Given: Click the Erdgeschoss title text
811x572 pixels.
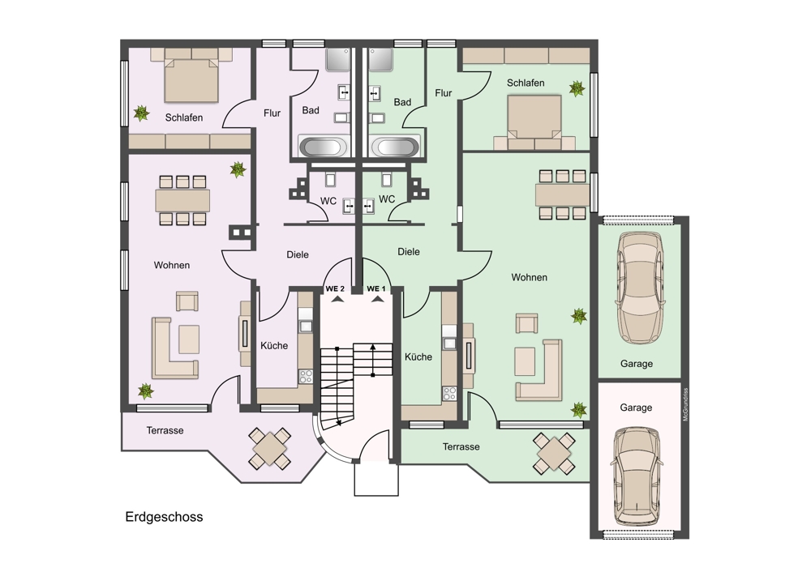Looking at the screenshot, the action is [164, 517].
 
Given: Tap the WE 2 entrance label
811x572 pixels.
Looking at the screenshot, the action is [335, 289].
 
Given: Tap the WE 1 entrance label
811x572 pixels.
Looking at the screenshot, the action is [376, 289].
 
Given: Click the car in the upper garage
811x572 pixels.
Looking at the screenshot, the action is [640, 288].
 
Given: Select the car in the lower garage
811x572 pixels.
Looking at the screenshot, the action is [636, 476].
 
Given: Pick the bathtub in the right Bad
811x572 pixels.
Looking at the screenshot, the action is [395, 146].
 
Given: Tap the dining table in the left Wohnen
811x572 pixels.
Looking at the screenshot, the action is [182, 200].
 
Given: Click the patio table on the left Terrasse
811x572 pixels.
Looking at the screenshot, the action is [269, 448].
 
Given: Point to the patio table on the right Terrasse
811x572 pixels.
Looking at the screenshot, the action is [554, 453].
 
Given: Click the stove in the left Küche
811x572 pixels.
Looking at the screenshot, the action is [306, 376].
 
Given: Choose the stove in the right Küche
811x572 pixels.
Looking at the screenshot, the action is [449, 394].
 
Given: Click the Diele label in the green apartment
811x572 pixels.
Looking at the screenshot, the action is [409, 252].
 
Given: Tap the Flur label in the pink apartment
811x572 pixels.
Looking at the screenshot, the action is [272, 113].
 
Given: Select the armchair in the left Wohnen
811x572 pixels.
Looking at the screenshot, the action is [187, 301].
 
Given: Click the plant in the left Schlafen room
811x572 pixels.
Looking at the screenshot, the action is [141, 113].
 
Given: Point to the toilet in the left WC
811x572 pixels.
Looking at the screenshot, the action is [331, 179].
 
